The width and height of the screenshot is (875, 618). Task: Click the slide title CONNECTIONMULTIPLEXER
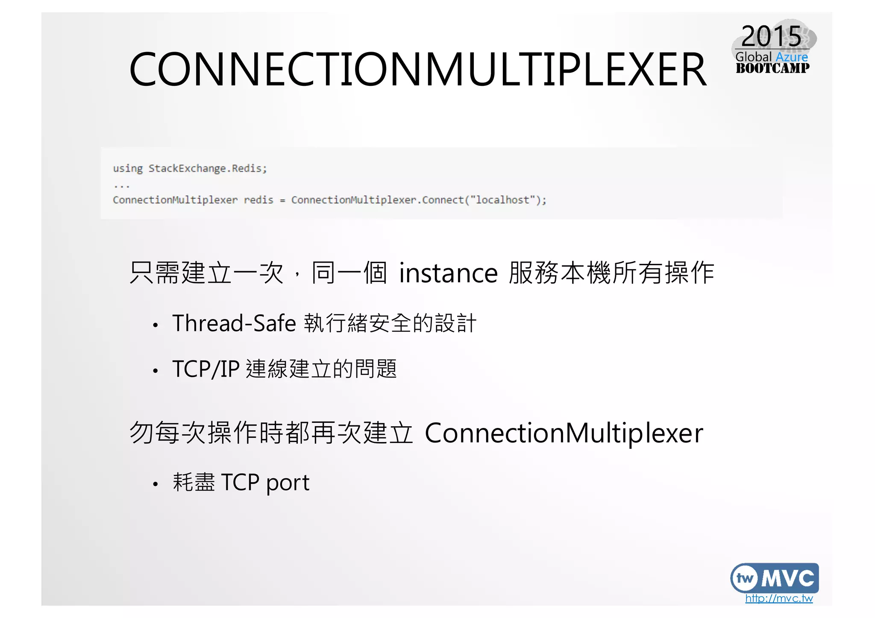pos(417,70)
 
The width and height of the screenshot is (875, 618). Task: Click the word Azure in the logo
pos(792,57)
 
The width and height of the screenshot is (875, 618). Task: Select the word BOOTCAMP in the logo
pos(772,68)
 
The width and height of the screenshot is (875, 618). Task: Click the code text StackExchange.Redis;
pos(208,168)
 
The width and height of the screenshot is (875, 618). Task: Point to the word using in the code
pos(128,168)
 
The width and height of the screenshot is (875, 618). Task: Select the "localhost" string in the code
pos(503,200)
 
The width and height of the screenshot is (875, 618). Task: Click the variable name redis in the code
pos(258,200)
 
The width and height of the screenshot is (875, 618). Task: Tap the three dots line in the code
pos(122,186)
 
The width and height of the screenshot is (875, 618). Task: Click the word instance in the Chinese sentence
pos(448,273)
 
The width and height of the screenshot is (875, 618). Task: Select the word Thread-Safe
pos(234,323)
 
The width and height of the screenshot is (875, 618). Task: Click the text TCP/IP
pos(206,369)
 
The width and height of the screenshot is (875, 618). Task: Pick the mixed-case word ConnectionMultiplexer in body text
pos(564,433)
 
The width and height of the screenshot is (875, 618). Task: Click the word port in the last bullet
pos(288,483)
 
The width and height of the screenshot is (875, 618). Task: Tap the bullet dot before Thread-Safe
pos(156,325)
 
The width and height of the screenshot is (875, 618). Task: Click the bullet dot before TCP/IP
pos(156,371)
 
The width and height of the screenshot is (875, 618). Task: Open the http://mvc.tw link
pos(778,598)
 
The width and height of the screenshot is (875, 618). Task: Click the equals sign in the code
pos(282,201)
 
